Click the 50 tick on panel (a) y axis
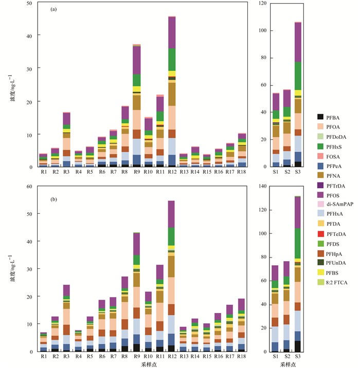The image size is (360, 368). [29, 3]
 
